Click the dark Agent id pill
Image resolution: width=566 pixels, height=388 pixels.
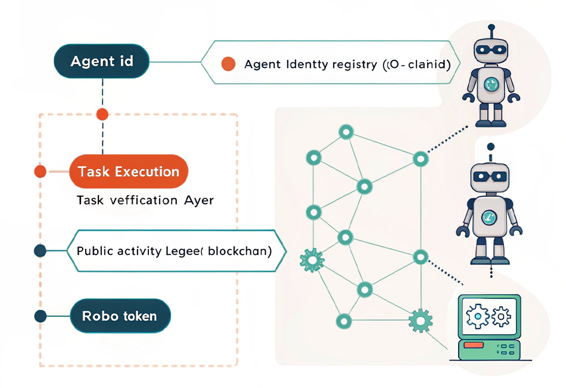[x=101, y=61]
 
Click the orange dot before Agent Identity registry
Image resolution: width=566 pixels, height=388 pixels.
[x=228, y=64]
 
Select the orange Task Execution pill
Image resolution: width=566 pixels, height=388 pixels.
[x=129, y=172]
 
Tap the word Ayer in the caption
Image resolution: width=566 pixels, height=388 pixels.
[x=196, y=201]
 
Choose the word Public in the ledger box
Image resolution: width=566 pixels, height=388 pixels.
[x=94, y=251]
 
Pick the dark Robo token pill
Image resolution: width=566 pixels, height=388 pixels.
[x=120, y=316]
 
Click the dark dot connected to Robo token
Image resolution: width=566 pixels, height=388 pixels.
[x=41, y=316]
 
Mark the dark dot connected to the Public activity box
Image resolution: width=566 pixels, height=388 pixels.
[x=41, y=251]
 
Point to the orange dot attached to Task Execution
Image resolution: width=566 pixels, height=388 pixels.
[x=41, y=172]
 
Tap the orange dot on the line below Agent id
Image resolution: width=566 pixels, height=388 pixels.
[x=102, y=114]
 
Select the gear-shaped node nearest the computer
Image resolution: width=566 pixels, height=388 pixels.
[x=420, y=321]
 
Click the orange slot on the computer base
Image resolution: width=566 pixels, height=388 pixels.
[x=474, y=345]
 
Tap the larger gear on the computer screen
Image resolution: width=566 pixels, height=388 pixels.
[x=478, y=315]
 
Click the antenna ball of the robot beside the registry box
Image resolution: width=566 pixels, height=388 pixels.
[x=492, y=27]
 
